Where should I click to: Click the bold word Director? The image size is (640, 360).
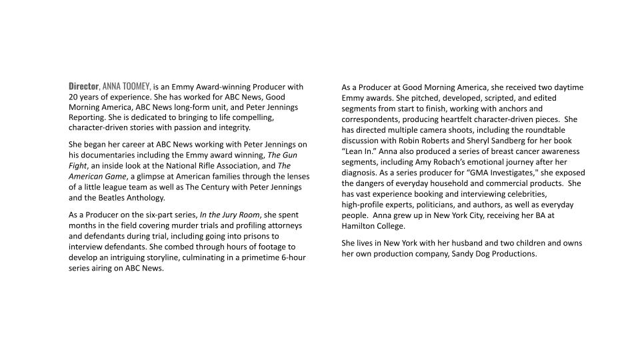coord(83,86)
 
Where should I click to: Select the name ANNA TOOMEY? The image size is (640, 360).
coord(125,86)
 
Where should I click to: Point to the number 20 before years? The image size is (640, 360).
coord(73,97)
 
